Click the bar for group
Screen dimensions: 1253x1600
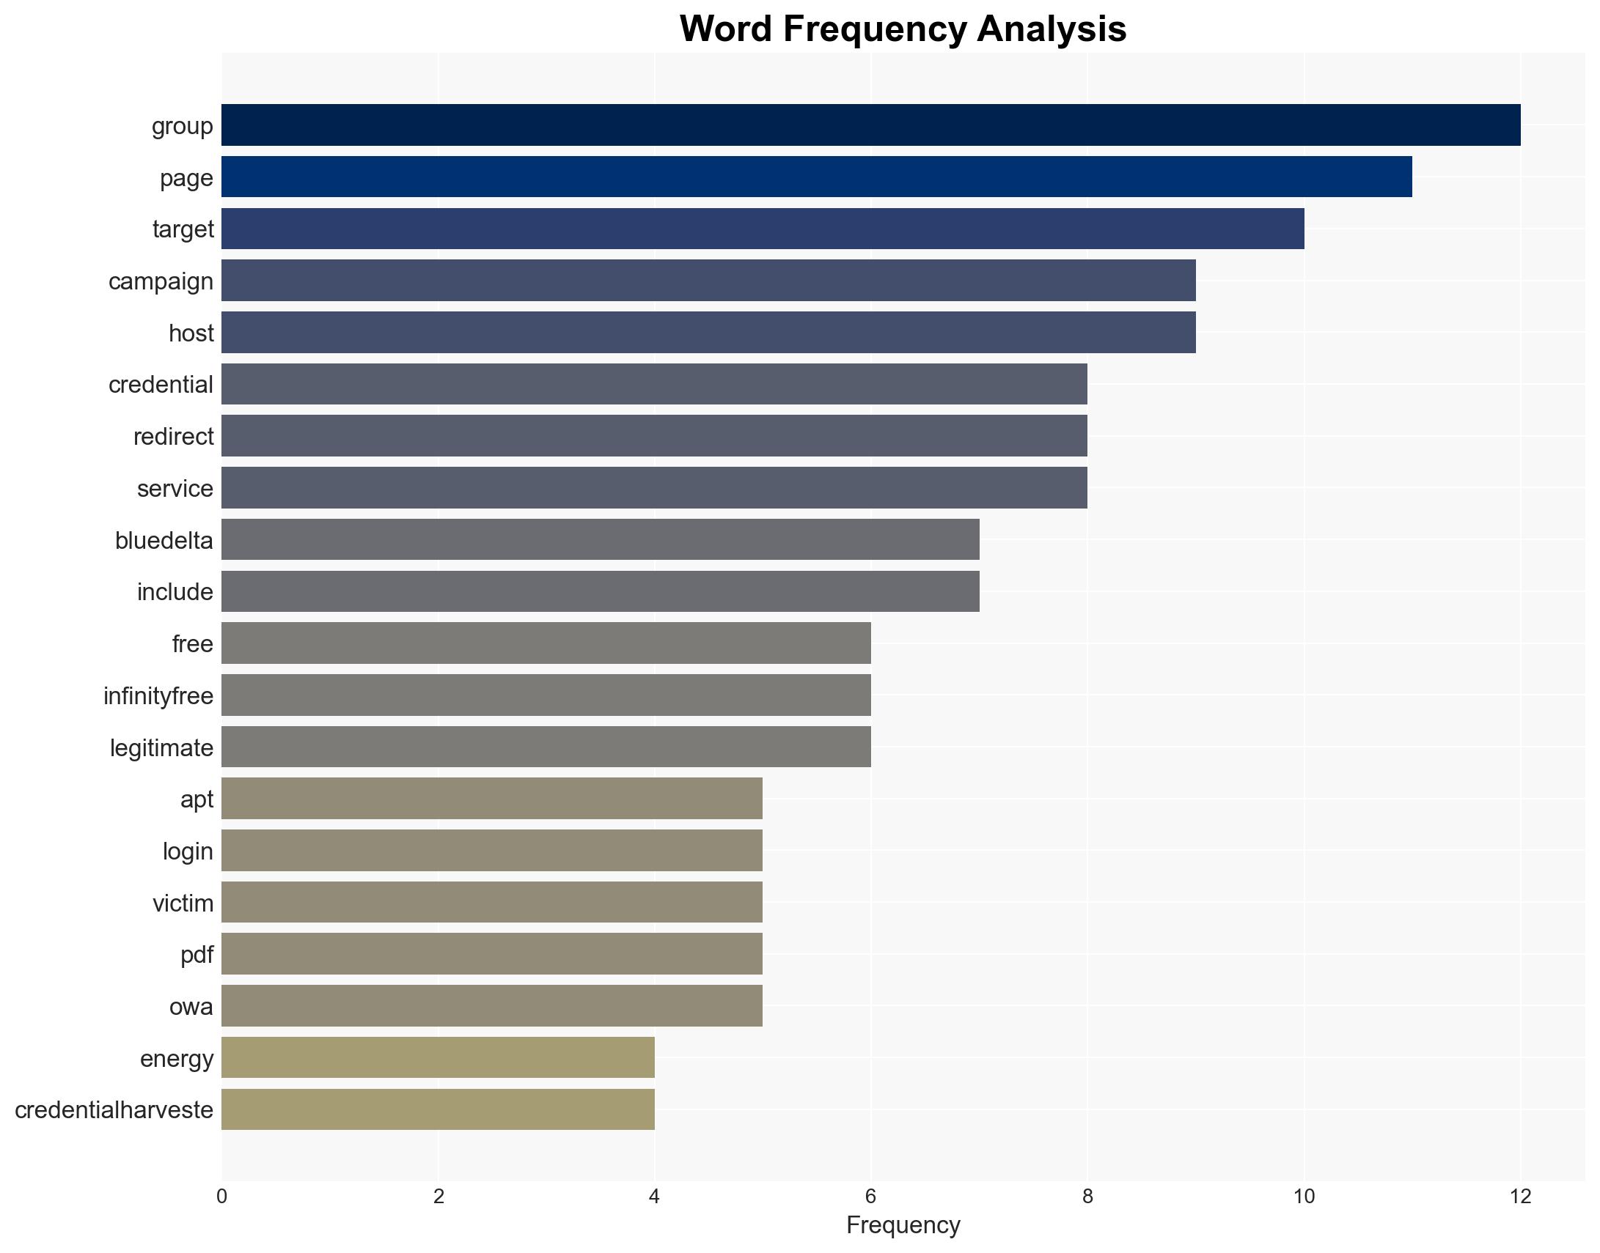pyautogui.click(x=870, y=125)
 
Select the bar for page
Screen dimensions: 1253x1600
pyautogui.click(x=816, y=177)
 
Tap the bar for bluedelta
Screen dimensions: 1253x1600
pyautogui.click(x=601, y=539)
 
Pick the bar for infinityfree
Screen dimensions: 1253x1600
pyautogui.click(x=546, y=695)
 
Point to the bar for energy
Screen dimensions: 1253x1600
pyautogui.click(x=438, y=1057)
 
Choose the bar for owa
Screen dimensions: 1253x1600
pyautogui.click(x=492, y=1006)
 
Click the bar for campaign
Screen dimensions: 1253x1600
pyautogui.click(x=708, y=280)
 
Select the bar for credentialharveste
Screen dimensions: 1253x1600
pyautogui.click(x=438, y=1109)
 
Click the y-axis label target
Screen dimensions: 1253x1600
pyautogui.click(x=183, y=229)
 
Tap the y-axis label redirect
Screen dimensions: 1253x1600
pyautogui.click(x=173, y=437)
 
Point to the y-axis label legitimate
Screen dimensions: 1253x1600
pyautogui.click(x=161, y=747)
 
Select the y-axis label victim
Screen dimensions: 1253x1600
pyautogui.click(x=183, y=903)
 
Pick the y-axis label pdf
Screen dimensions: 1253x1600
pyautogui.click(x=197, y=955)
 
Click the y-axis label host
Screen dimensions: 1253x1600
pyautogui.click(x=191, y=333)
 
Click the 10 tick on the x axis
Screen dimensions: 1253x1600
pyautogui.click(x=1304, y=1197)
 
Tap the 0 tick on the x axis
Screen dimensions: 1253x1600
pyautogui.click(x=221, y=1197)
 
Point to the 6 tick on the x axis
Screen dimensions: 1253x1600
pyautogui.click(x=870, y=1197)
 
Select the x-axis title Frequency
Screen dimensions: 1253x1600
pyautogui.click(x=903, y=1225)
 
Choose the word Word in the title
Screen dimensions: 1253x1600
pyautogui.click(x=725, y=29)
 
